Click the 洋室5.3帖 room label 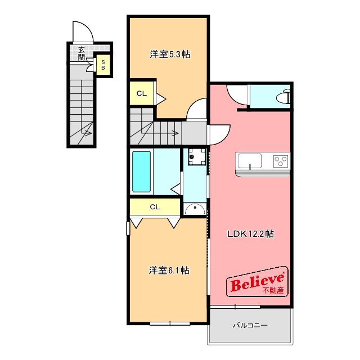tap(170, 55)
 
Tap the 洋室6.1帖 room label tap(169, 271)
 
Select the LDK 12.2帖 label tap(250, 234)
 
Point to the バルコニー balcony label tap(250, 325)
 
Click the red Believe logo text tap(257, 282)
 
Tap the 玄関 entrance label tap(82, 53)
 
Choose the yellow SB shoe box tap(103, 65)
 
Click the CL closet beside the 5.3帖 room tap(141, 93)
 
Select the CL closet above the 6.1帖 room tap(155, 207)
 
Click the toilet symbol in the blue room tap(284, 96)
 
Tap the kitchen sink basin tap(250, 161)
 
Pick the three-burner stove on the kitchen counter tap(281, 161)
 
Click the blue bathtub tap(141, 172)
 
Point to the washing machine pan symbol tap(197, 156)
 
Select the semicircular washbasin tap(195, 209)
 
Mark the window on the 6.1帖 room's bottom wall tap(170, 324)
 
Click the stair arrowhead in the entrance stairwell tap(89, 133)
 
